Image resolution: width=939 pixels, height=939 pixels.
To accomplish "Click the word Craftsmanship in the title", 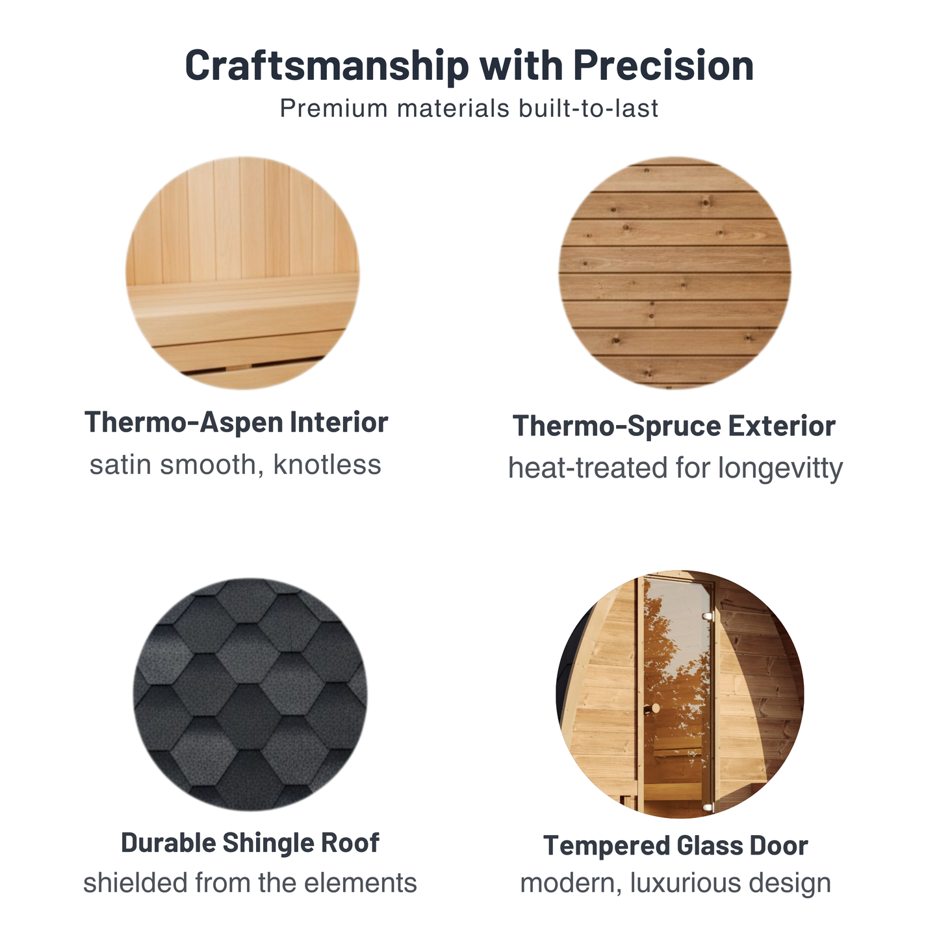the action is click(326, 66).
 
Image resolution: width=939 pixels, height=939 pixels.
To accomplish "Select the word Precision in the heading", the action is click(663, 65).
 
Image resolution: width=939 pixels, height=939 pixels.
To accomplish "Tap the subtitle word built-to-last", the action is click(588, 108).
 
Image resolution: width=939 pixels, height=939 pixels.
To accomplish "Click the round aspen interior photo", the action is click(242, 273).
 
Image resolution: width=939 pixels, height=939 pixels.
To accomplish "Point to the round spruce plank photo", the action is click(675, 273).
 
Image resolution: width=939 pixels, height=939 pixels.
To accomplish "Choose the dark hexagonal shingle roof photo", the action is click(250, 695).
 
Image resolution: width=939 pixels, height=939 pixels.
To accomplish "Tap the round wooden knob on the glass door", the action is click(656, 708).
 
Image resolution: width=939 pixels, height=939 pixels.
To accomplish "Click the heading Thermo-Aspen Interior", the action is click(237, 422).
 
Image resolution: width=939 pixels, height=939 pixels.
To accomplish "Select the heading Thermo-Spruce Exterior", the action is click(675, 426).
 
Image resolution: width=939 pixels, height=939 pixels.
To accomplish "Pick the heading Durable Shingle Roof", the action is click(250, 843).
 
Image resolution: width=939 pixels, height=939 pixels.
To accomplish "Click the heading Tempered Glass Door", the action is click(675, 845).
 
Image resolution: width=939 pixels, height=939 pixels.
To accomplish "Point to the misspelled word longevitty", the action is click(780, 469).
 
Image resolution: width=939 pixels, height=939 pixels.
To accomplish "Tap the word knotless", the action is click(327, 465).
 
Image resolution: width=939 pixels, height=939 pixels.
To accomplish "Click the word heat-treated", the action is click(587, 469).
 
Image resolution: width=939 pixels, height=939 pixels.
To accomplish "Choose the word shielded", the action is click(135, 882).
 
